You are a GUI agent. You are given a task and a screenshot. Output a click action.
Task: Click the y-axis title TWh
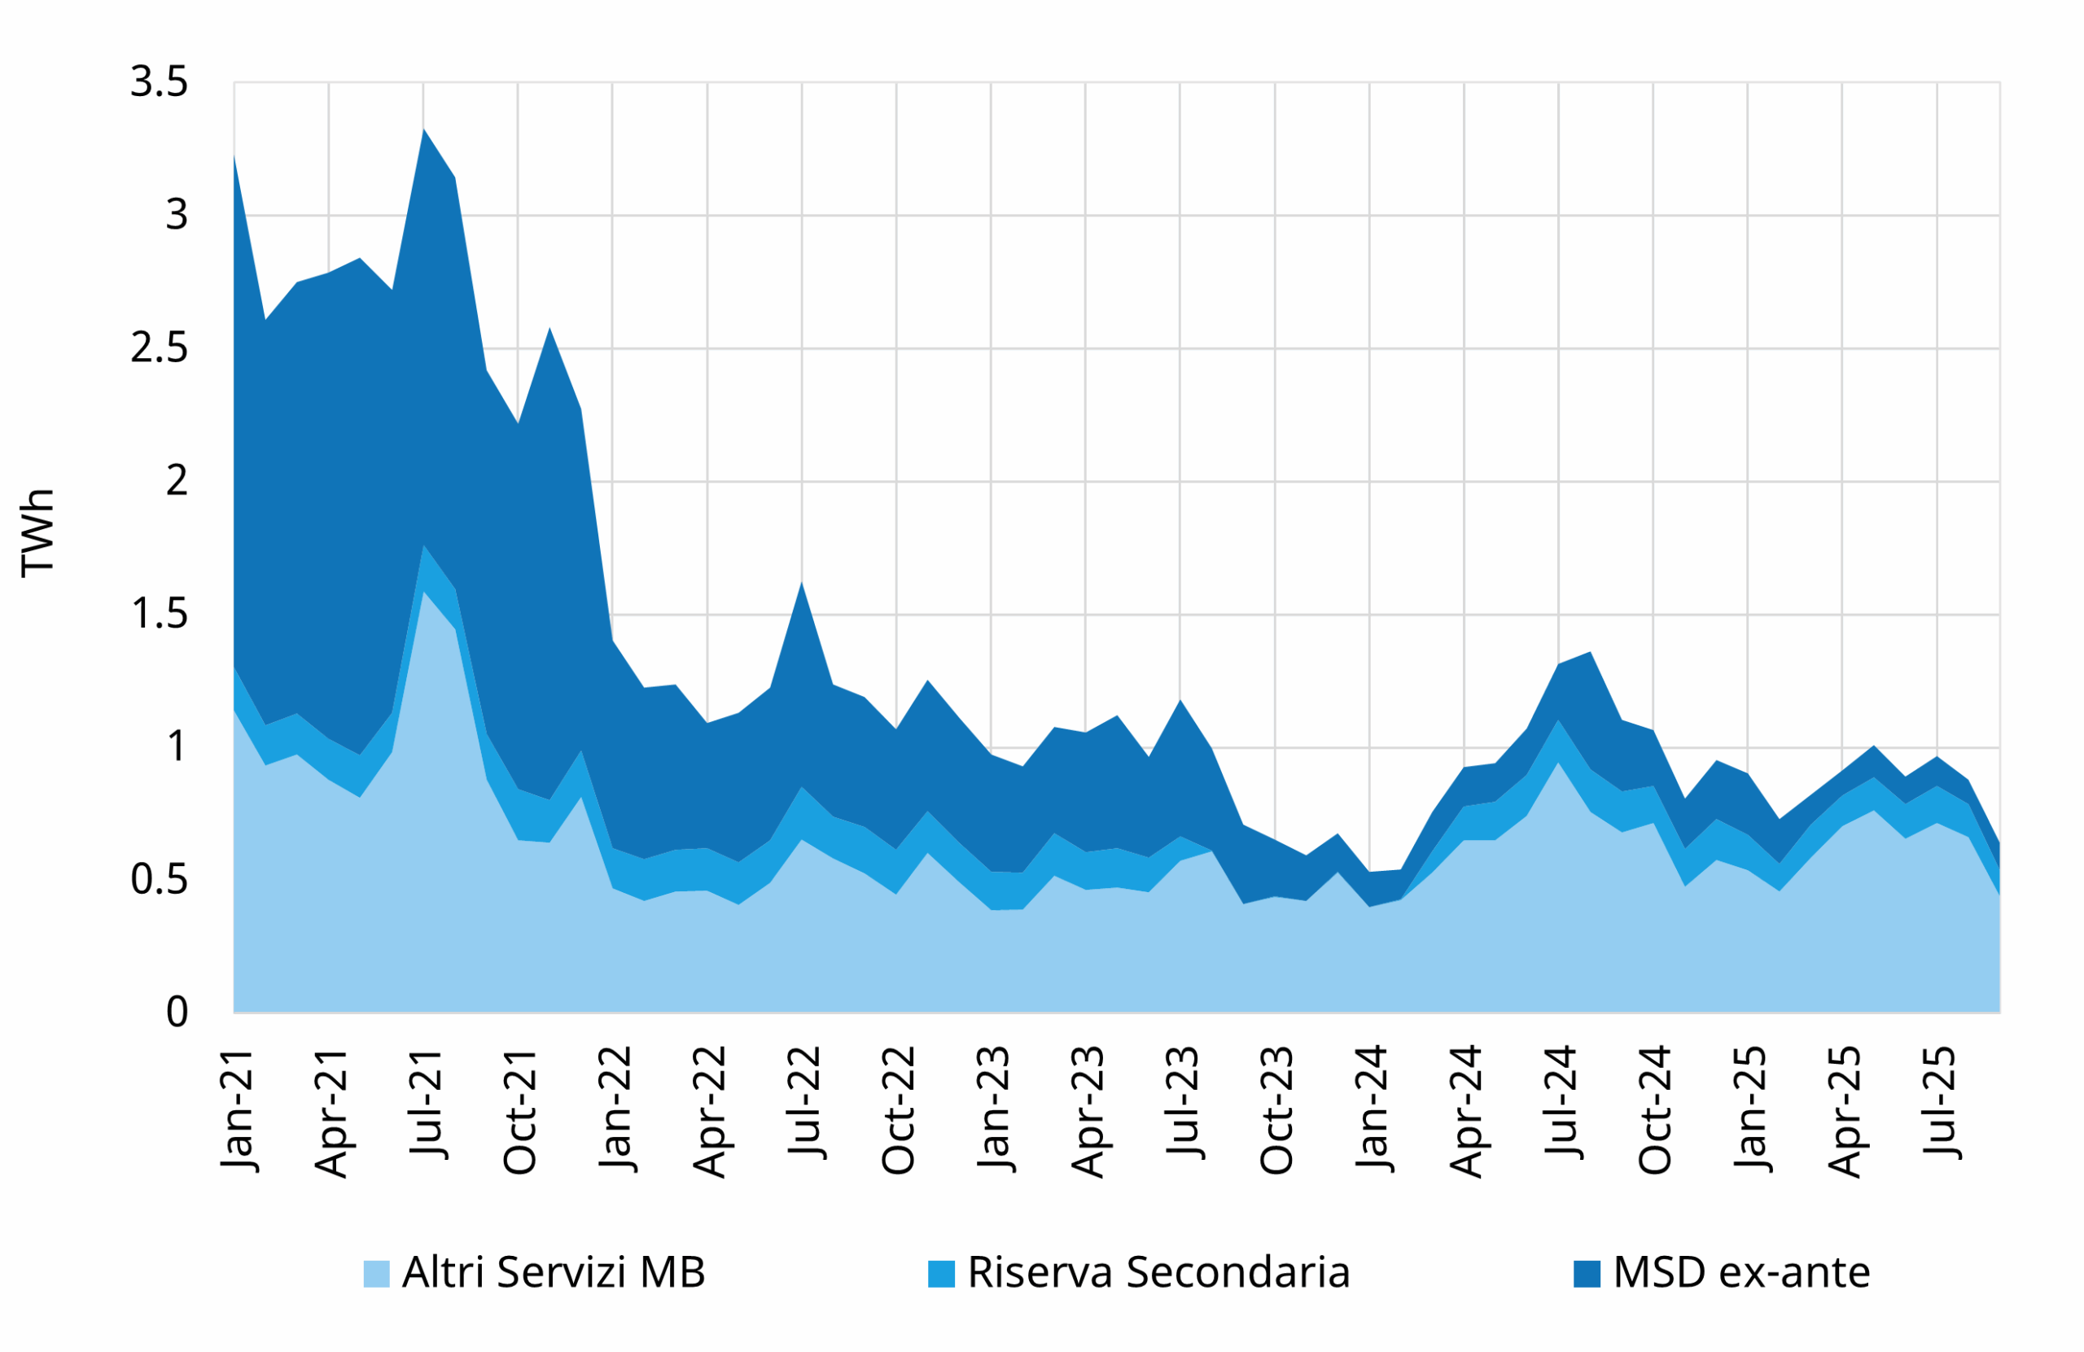[x=37, y=533]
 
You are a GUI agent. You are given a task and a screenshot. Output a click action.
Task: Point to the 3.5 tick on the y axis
[x=160, y=82]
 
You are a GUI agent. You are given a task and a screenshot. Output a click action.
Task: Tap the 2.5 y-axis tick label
[x=160, y=348]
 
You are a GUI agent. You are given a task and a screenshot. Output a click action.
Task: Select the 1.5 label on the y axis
[x=160, y=615]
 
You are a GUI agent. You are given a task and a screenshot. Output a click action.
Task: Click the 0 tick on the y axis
[x=177, y=1013]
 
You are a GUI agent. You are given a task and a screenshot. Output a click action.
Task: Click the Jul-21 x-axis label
[x=427, y=1102]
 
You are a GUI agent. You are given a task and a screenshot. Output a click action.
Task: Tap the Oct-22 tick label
[x=900, y=1109]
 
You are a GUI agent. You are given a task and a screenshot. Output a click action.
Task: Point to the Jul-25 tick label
[x=1941, y=1102]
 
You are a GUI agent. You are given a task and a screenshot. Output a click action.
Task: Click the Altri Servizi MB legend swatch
[x=377, y=1273]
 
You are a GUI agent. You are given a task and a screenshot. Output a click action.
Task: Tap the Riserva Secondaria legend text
[x=1158, y=1272]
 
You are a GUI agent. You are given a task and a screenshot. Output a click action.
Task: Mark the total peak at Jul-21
[x=424, y=129]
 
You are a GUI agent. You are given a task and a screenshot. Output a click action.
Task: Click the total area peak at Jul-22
[x=801, y=582]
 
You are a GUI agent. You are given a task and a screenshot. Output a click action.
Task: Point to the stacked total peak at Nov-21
[x=549, y=328]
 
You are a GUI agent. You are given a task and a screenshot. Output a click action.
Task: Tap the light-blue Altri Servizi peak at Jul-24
[x=1558, y=763]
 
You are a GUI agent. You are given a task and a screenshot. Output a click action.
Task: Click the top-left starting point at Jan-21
[x=234, y=155]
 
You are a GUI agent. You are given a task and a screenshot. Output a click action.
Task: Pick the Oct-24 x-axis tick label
[x=1657, y=1109]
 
